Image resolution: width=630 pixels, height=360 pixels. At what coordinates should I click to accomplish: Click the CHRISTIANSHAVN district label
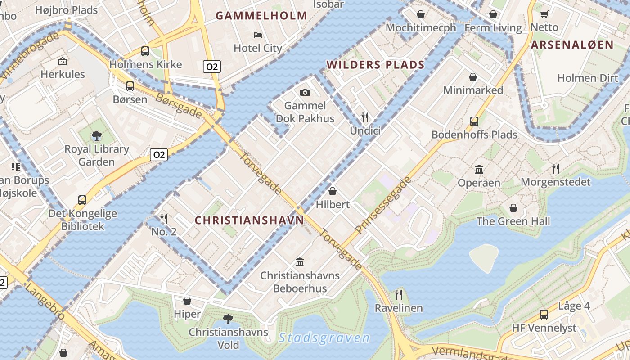click(x=249, y=220)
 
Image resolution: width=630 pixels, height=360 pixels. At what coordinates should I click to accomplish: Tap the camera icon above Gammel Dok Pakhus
click(x=305, y=92)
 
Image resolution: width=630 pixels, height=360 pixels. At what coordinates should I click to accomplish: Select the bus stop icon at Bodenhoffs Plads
click(x=474, y=121)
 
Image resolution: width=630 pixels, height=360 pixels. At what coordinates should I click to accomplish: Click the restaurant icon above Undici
click(x=365, y=117)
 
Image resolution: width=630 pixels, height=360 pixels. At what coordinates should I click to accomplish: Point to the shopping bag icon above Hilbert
click(x=333, y=191)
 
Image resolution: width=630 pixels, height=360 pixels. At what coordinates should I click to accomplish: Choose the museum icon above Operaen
click(x=479, y=170)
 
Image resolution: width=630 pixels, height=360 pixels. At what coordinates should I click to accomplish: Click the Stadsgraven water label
click(x=324, y=338)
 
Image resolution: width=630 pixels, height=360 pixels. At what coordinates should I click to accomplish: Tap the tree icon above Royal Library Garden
click(x=96, y=135)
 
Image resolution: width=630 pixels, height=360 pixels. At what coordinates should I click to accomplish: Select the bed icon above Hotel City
click(x=258, y=35)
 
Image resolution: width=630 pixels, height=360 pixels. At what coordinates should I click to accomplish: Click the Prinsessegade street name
click(x=383, y=205)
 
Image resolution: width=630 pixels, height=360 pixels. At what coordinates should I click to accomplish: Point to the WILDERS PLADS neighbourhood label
click(x=376, y=65)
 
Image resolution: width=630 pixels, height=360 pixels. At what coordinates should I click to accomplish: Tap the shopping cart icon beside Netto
click(x=544, y=14)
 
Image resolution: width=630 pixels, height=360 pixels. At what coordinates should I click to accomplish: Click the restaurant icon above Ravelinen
click(x=399, y=295)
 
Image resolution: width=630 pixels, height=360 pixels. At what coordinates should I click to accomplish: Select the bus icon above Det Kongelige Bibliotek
click(x=82, y=200)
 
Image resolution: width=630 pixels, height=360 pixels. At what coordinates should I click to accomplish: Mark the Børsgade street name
click(x=179, y=106)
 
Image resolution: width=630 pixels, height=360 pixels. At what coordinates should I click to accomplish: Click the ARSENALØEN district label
click(x=572, y=45)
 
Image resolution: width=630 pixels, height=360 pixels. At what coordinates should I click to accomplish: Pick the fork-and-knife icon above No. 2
click(x=164, y=219)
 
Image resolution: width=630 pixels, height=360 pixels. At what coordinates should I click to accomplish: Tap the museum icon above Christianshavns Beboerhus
click(x=300, y=262)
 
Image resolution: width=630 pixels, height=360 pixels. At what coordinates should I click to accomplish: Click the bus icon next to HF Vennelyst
click(x=544, y=315)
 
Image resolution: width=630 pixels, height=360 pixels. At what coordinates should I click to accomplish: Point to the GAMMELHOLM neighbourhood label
click(x=261, y=16)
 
